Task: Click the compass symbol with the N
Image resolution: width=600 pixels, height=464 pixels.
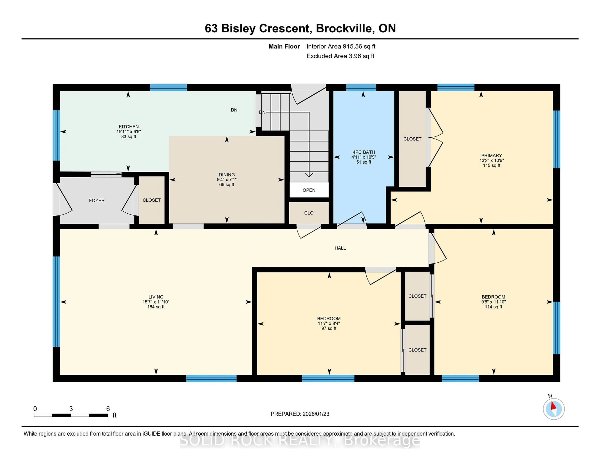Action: pyautogui.click(x=554, y=409)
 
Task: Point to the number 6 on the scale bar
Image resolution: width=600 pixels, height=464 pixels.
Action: pyautogui.click(x=108, y=409)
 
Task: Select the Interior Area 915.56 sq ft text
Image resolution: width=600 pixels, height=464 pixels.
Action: pyautogui.click(x=341, y=46)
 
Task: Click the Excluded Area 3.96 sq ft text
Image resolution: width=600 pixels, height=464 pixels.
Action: pyautogui.click(x=340, y=56)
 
